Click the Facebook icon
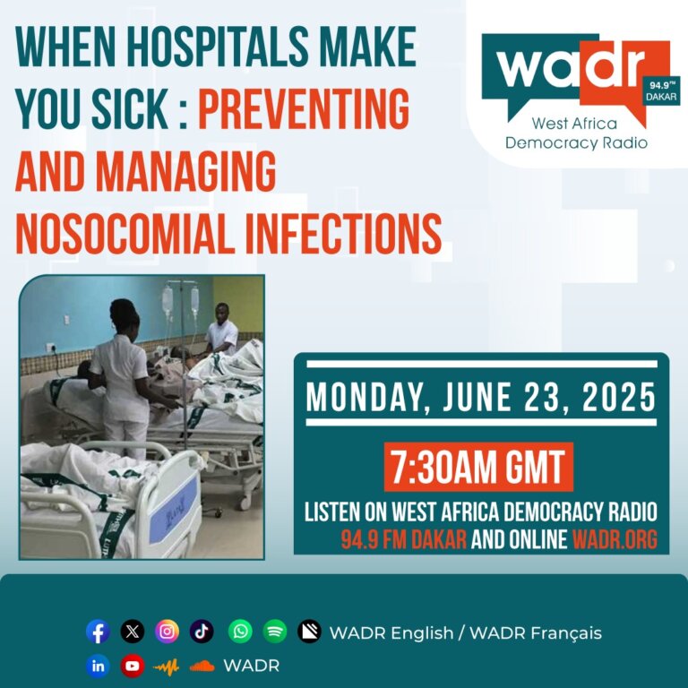coord(98,632)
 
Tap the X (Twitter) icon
coord(132,632)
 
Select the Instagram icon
coord(167,632)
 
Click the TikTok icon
coord(202,632)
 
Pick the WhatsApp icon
coord(240,632)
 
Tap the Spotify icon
coord(275,632)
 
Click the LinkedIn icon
coord(98,666)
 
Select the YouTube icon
coord(132,666)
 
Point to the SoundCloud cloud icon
coord(202,666)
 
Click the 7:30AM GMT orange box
coord(478,467)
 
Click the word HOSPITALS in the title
coord(219,47)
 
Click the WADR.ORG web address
coord(615,539)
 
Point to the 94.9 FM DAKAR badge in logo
coord(662,90)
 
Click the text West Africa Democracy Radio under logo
coord(576,133)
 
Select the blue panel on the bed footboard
coord(174,510)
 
